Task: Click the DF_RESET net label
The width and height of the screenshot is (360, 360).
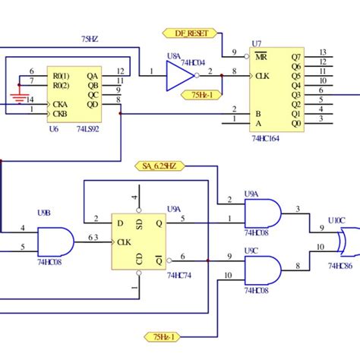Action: tap(191, 33)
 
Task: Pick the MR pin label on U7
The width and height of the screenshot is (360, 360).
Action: tap(261, 56)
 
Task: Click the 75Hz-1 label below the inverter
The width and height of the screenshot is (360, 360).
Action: tap(202, 94)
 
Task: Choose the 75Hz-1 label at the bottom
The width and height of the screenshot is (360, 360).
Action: tap(163, 336)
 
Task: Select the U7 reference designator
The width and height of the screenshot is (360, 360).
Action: tap(256, 44)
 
